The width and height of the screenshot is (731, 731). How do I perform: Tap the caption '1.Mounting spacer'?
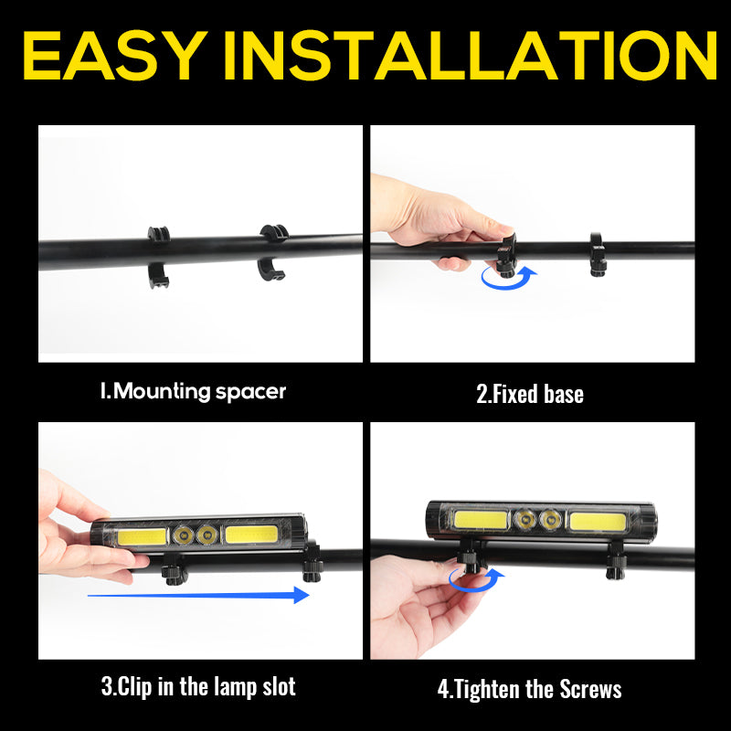(x=193, y=392)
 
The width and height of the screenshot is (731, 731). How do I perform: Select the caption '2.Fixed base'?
(x=530, y=394)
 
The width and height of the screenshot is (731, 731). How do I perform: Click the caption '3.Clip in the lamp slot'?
(x=197, y=686)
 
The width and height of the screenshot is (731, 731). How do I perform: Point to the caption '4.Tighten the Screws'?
(x=530, y=688)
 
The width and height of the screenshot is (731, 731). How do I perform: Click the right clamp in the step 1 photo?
(x=272, y=251)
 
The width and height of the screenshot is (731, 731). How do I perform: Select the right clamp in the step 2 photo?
(x=598, y=255)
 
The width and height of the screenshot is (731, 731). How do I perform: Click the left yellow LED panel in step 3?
(x=138, y=535)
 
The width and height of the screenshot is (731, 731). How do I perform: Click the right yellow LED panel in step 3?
(x=254, y=535)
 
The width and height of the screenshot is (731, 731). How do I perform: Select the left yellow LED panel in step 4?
(x=482, y=520)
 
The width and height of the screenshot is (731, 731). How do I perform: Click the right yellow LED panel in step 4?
(x=598, y=521)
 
